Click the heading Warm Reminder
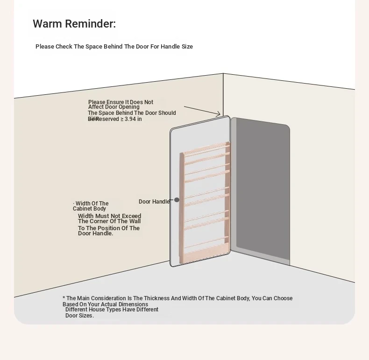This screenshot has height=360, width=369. pos(74,24)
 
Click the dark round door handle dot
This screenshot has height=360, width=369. pos(177,200)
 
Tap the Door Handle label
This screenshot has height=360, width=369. pos(154,202)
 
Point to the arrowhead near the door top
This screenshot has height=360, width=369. pos(219,114)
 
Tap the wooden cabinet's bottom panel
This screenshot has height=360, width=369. pos(204,253)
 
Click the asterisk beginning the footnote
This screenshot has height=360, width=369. pos(64,298)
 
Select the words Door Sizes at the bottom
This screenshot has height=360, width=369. pos(79,316)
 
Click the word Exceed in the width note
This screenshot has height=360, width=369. pos(131,216)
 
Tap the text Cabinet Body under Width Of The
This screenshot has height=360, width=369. pos(89,209)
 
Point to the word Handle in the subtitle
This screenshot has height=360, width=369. pos(170,47)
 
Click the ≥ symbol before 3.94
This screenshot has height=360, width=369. pos(122,119)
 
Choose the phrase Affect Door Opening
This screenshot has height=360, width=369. pos(114,107)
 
